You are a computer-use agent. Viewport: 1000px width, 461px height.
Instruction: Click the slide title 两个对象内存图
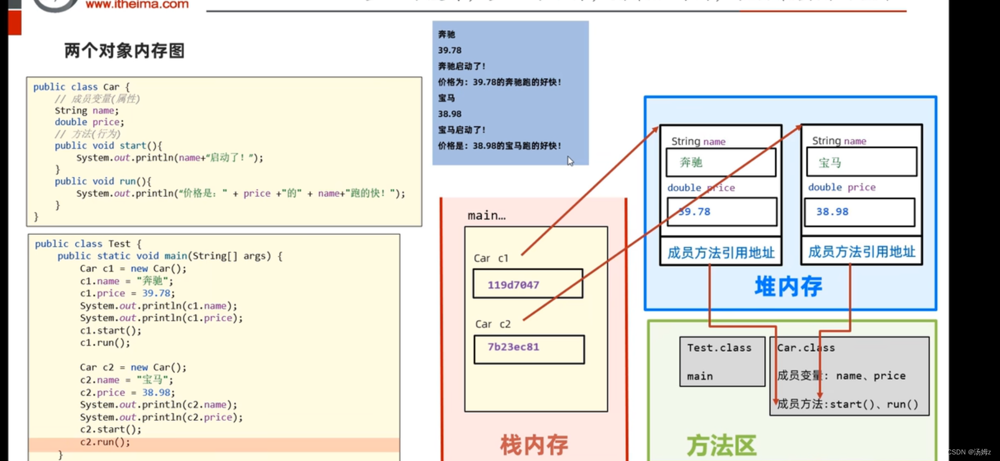tap(124, 50)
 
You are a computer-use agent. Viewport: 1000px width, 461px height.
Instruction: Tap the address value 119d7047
tap(513, 285)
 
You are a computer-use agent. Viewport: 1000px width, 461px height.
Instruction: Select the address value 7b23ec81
tap(513, 347)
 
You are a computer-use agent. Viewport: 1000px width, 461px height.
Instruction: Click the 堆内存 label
tap(788, 286)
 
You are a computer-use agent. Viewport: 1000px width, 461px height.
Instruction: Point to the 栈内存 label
tap(533, 445)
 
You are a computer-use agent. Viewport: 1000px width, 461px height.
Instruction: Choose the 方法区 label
tap(721, 445)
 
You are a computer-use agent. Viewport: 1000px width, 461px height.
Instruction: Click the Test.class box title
tap(719, 348)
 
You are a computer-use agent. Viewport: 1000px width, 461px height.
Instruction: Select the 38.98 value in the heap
tap(832, 212)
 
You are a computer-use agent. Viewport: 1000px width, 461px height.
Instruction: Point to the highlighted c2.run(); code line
tap(105, 442)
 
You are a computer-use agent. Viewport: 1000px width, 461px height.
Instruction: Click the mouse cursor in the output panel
tap(570, 161)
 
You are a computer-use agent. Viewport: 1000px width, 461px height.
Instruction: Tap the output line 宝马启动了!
tap(462, 130)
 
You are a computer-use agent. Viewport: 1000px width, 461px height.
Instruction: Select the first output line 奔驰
tap(446, 35)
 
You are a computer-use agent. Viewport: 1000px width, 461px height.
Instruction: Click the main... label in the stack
tap(486, 216)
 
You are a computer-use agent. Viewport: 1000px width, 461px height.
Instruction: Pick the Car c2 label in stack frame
tap(492, 324)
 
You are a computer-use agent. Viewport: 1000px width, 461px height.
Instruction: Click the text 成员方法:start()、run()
tap(847, 404)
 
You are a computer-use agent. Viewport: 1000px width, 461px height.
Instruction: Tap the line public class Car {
tap(81, 87)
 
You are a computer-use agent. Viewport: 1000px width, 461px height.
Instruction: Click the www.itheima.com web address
tap(137, 4)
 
